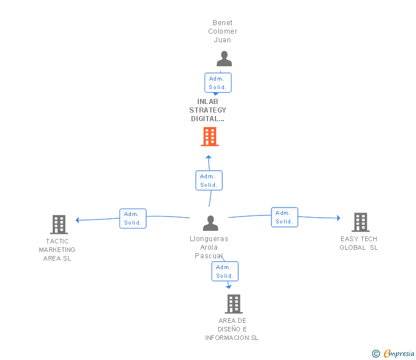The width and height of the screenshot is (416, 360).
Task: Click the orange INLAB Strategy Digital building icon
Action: click(210, 137)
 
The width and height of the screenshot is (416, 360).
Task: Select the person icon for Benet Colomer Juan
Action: click(224, 59)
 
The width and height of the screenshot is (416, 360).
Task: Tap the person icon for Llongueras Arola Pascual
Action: click(210, 223)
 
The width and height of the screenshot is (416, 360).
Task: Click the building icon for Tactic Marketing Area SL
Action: click(59, 225)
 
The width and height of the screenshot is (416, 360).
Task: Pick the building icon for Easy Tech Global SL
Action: click(360, 222)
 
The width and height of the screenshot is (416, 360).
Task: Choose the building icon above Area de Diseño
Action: click(234, 303)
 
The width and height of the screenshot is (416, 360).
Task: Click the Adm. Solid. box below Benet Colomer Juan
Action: click(218, 83)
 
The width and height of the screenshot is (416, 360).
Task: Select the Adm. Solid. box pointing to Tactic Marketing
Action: click(133, 218)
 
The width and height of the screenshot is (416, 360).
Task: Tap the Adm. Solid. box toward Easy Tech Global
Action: click(284, 217)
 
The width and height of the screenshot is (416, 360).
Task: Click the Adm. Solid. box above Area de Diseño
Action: click(225, 271)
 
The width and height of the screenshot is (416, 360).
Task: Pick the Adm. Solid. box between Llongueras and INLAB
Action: click(209, 181)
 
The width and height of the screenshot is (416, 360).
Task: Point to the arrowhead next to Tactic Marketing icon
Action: click(78, 220)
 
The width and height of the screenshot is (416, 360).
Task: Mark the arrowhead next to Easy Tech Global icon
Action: click(338, 218)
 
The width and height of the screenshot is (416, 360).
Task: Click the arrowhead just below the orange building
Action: click(209, 157)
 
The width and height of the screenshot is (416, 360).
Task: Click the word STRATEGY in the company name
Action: click(207, 110)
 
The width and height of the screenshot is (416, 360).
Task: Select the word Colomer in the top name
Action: click(222, 31)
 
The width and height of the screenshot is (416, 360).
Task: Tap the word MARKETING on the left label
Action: click(57, 250)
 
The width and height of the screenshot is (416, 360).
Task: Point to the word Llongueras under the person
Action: click(209, 239)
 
